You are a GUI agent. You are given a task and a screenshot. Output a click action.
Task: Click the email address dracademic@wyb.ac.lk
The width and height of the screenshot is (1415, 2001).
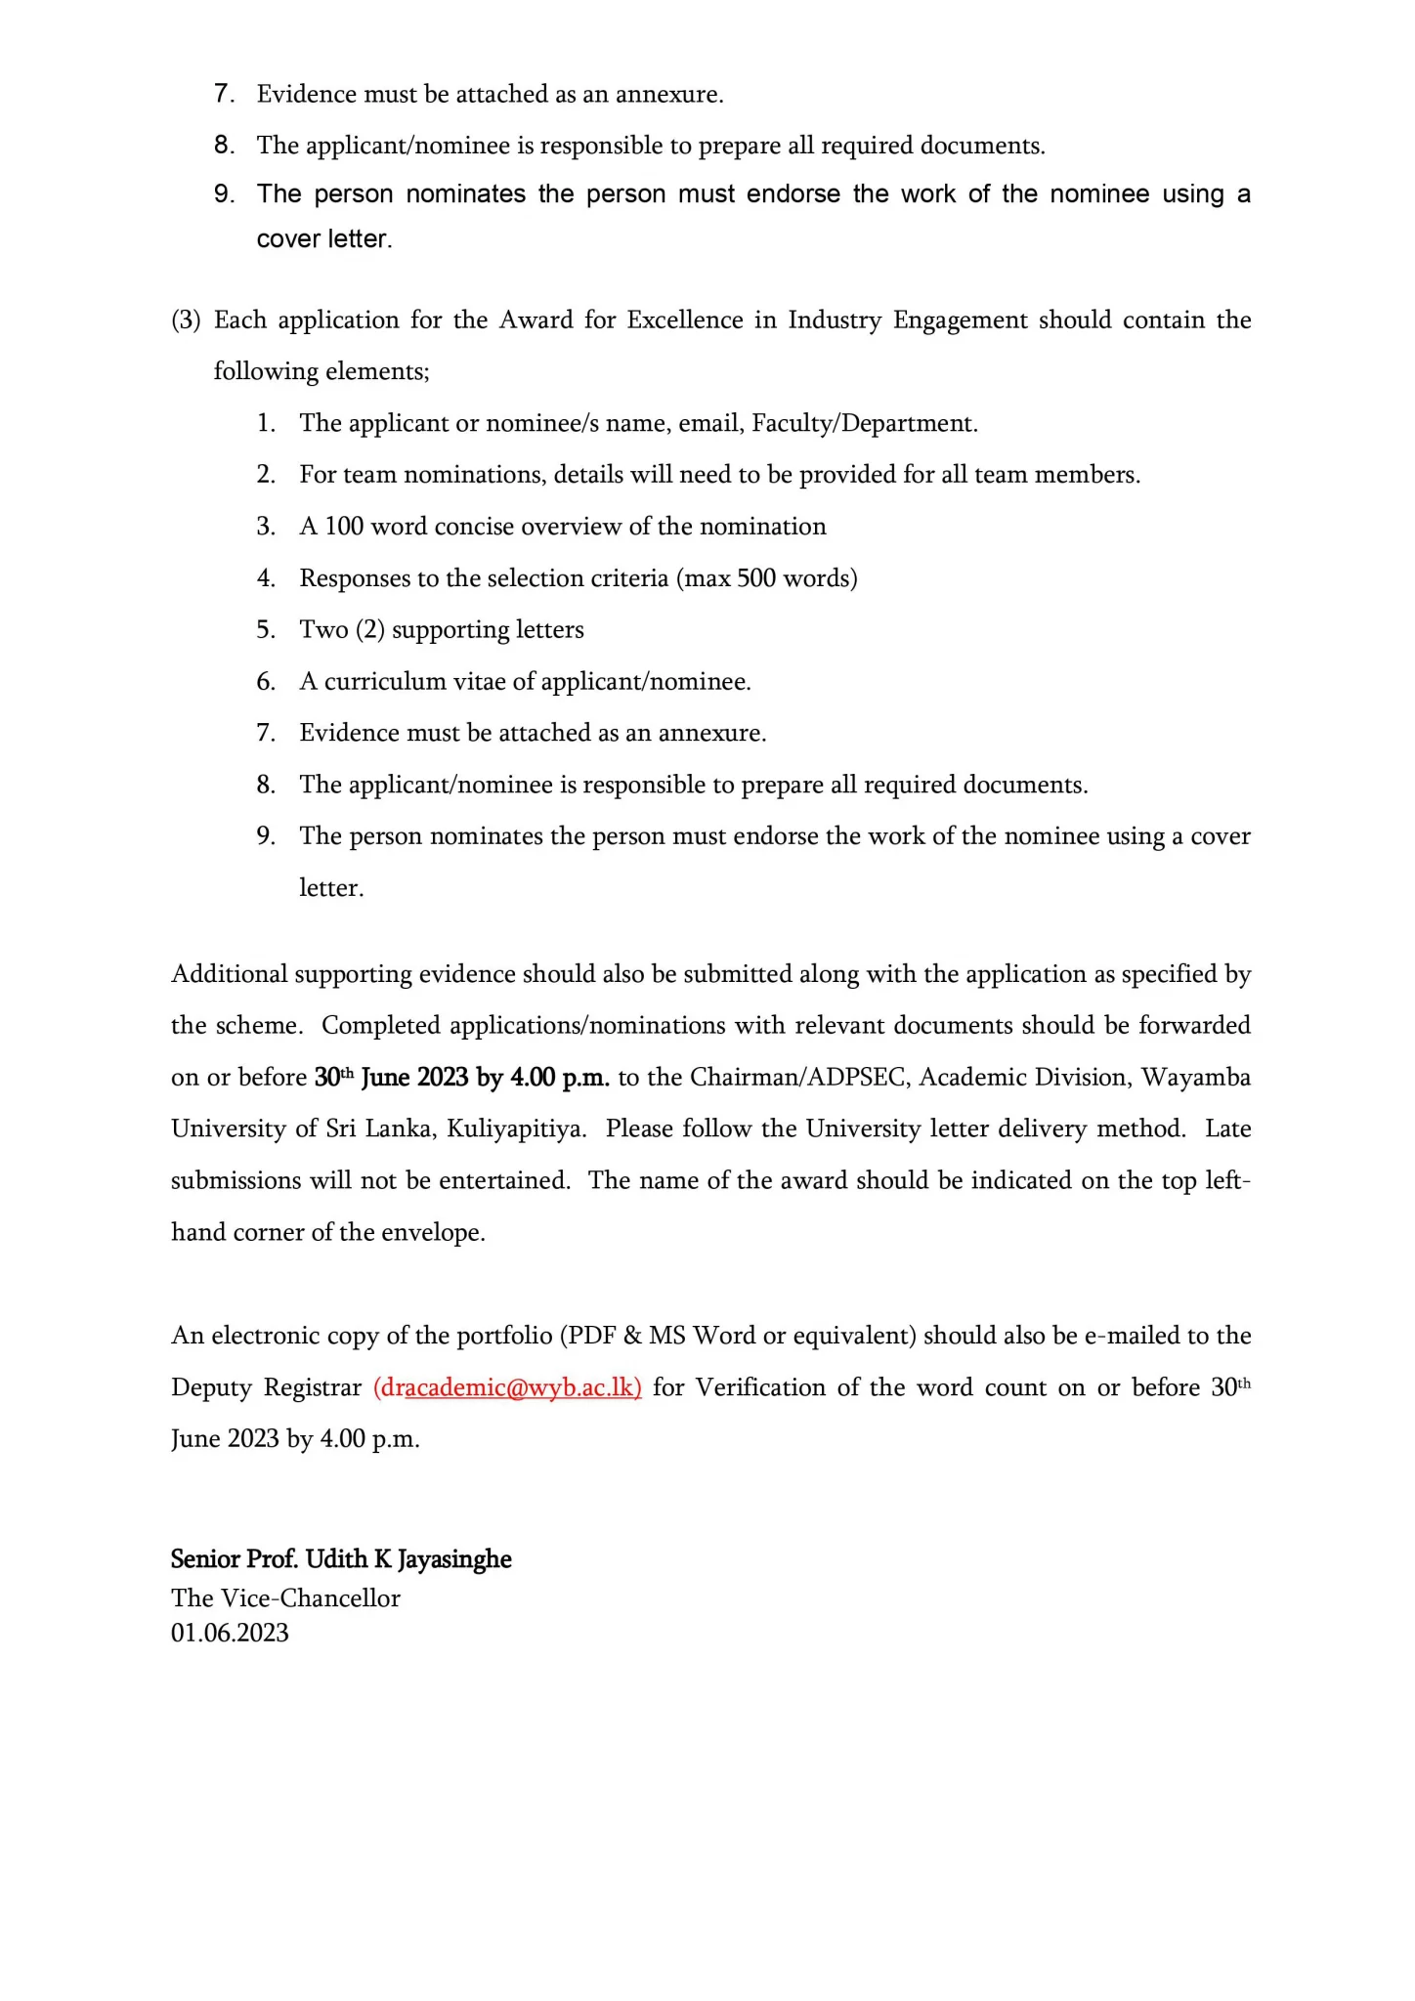point(507,1387)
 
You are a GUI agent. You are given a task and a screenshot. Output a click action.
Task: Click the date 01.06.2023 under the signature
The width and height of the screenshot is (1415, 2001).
point(230,1633)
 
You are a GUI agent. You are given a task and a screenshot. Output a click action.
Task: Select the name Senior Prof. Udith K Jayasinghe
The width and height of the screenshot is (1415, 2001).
point(341,1559)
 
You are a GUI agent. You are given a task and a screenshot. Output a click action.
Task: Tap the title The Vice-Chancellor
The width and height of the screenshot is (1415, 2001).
point(285,1597)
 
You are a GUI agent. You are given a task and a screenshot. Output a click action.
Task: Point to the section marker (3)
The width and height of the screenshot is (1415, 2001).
point(186,320)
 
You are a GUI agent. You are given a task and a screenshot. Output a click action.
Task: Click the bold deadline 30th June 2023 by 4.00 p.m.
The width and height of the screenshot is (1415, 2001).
point(461,1078)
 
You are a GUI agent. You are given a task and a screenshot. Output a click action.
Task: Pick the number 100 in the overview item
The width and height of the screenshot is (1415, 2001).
point(343,527)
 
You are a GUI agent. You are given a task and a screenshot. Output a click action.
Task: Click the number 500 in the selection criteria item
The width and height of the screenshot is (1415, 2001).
point(756,578)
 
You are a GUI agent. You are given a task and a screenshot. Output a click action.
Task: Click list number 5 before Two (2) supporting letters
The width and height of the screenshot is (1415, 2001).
point(266,630)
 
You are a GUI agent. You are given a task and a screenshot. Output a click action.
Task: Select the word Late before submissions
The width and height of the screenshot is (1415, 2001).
point(1227,1129)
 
